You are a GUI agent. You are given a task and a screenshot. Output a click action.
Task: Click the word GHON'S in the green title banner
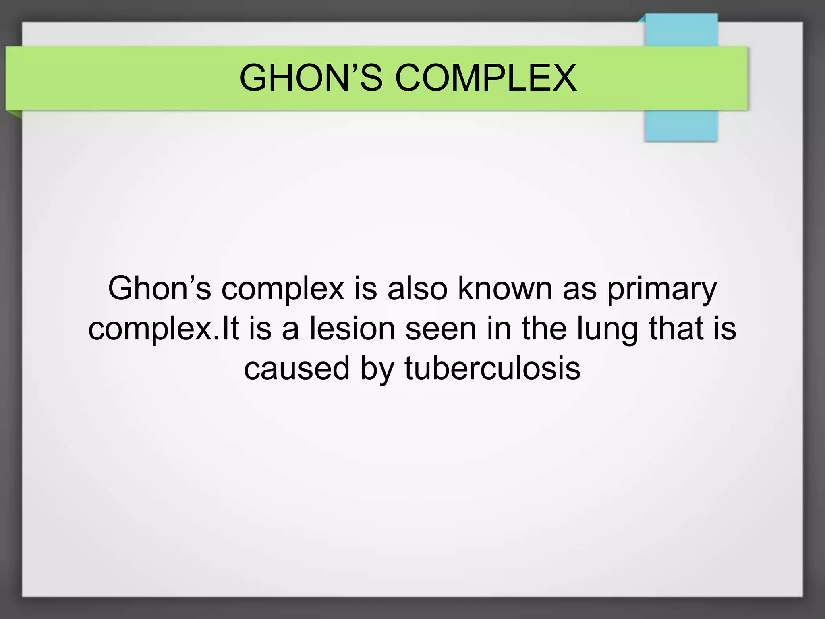click(310, 78)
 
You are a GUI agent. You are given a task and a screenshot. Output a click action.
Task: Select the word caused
click(296, 368)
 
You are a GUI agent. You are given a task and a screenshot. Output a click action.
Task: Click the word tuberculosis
click(492, 368)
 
